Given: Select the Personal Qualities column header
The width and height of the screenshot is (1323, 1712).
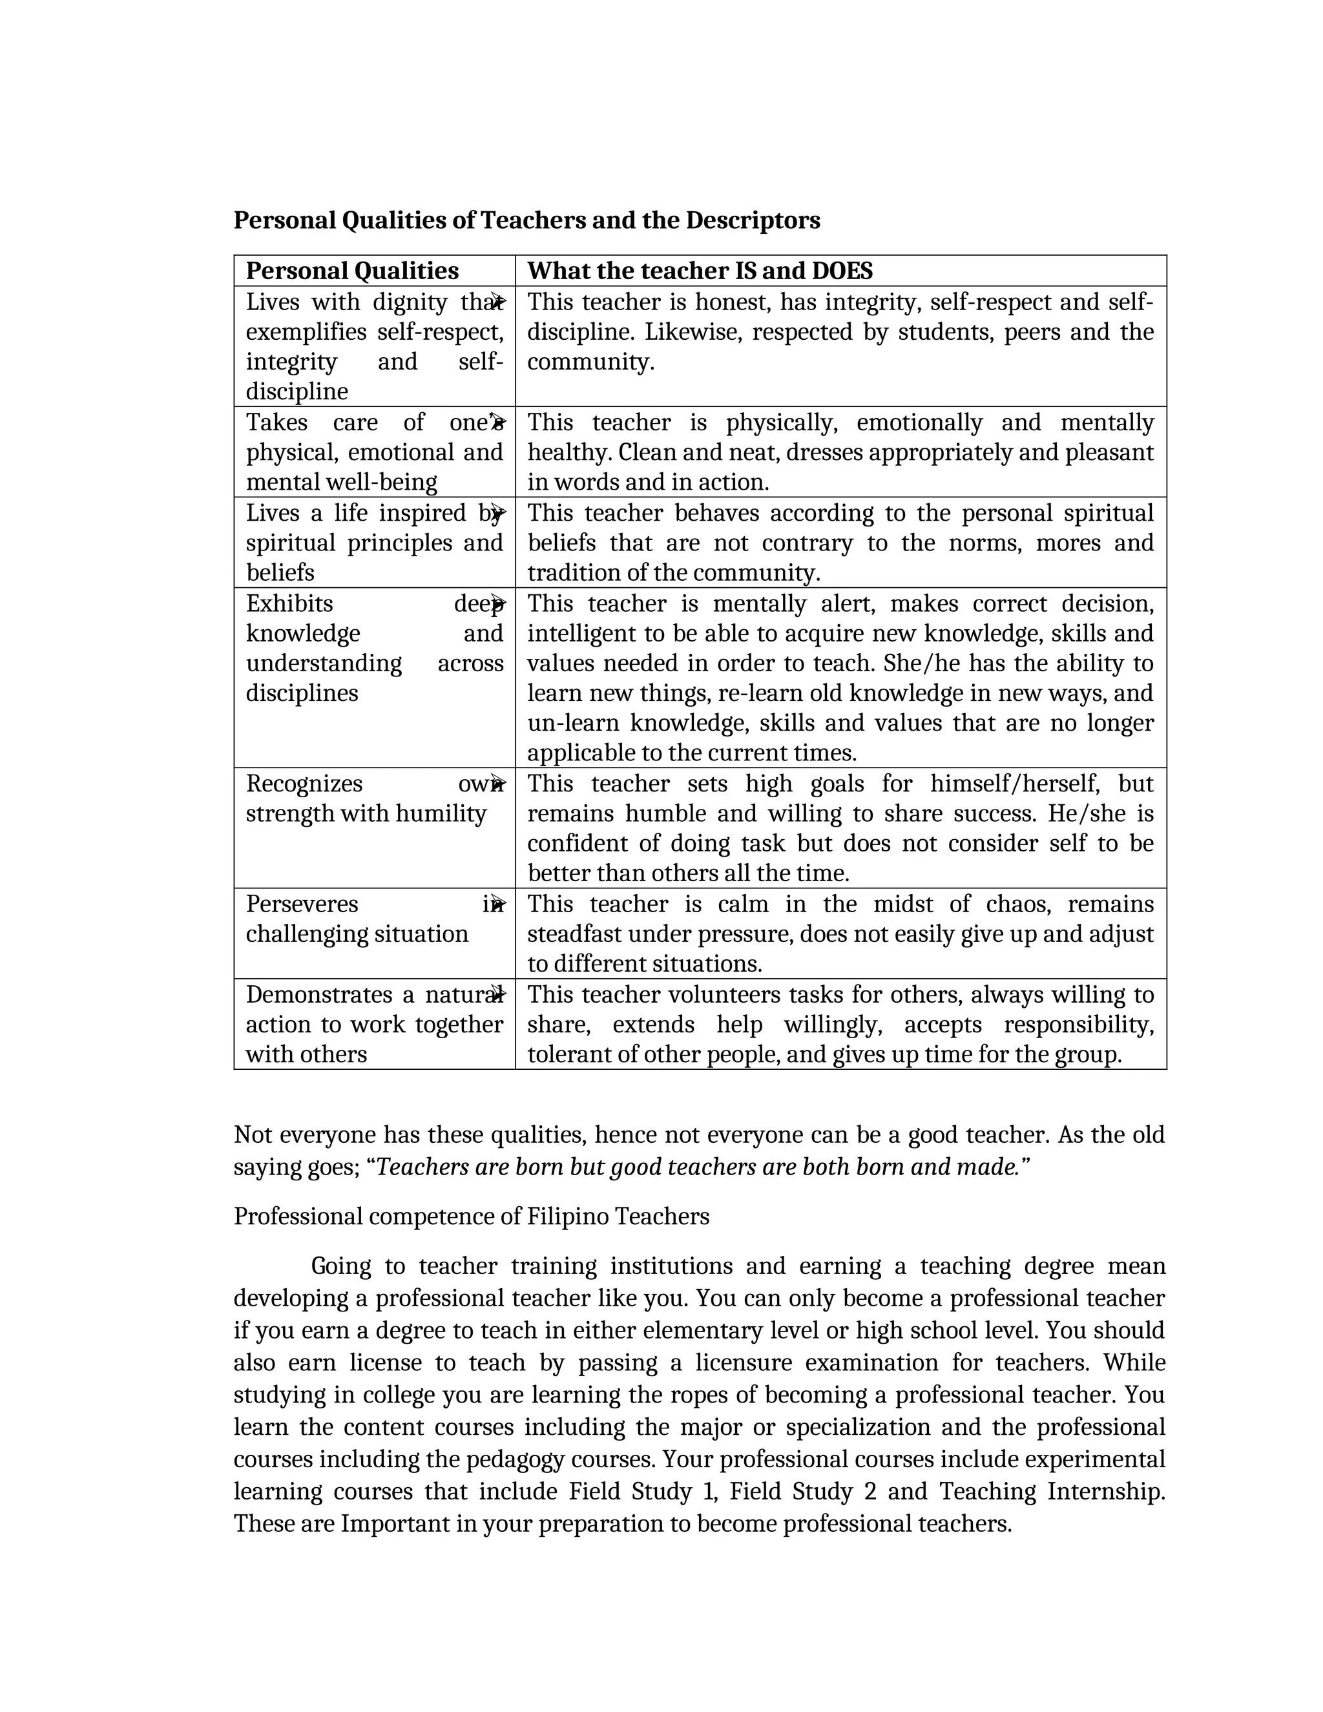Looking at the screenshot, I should tap(352, 271).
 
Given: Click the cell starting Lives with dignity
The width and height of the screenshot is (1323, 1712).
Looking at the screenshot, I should tap(374, 346).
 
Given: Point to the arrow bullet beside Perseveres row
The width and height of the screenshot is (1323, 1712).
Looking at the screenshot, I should tap(497, 904).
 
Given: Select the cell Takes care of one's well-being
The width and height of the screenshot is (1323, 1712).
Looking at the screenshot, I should tap(374, 452).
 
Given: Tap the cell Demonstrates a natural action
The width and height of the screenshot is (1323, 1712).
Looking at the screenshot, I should tap(374, 1025).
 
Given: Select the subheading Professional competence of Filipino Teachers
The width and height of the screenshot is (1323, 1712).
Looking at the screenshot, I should tap(471, 1216).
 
